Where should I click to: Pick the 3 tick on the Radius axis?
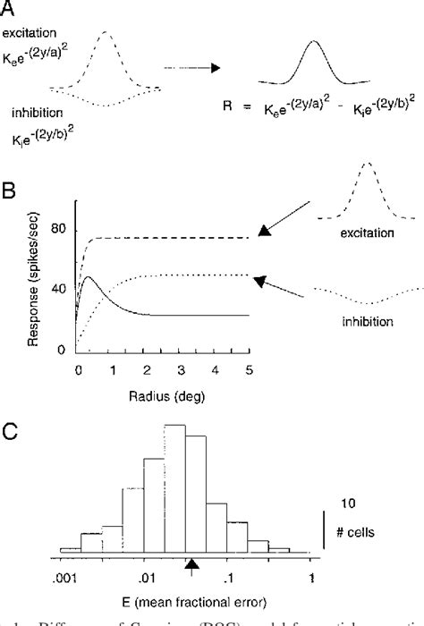181,369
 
